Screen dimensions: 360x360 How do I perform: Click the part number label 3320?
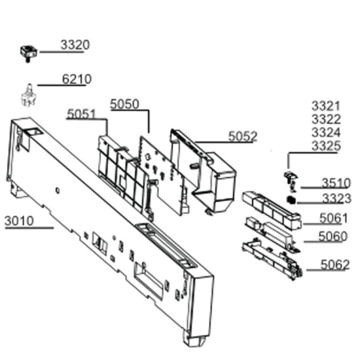pos(75,45)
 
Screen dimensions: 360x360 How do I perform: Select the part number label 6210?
pos(77,79)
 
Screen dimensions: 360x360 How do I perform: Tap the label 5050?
pos(124,104)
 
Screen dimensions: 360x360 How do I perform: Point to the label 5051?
pos(81,114)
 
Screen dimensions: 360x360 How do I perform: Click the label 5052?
pos(243,136)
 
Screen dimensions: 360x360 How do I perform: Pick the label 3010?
pos(19,221)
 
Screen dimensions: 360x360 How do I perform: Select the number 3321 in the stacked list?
pos(326,106)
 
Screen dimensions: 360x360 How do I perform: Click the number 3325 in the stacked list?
pos(326,146)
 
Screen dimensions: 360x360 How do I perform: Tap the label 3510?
pos(336,183)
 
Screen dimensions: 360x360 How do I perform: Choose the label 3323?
pos(337,198)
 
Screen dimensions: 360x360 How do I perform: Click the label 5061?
pos(333,218)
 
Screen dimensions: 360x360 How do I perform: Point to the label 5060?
pos(333,236)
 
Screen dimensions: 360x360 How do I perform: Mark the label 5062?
pos(335,264)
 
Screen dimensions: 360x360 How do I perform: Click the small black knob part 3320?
pos(28,54)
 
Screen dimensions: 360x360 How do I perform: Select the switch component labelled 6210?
pos(29,96)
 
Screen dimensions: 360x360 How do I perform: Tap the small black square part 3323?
pos(291,200)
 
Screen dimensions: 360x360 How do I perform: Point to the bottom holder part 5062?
pos(272,259)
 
